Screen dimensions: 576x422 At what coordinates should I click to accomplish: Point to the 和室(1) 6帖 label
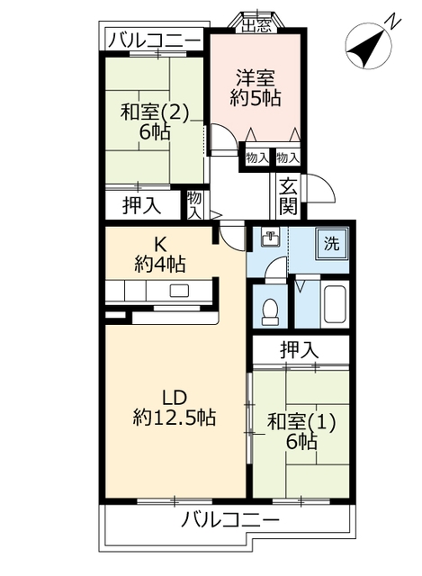point(301,431)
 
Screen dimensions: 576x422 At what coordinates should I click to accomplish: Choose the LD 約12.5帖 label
point(174,407)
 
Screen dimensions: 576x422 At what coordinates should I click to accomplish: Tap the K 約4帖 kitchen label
point(160,253)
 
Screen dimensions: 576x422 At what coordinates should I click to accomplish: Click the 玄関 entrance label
point(288,196)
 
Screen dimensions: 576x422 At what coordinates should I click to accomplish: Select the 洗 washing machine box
point(332,244)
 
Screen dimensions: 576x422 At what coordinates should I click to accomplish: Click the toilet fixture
point(269,310)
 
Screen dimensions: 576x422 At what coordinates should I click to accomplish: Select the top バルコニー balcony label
point(155,40)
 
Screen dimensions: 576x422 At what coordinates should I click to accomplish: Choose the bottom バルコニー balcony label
point(229,519)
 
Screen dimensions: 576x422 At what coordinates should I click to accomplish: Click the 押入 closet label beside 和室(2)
point(142,204)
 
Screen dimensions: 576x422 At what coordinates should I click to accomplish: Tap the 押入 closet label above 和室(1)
point(299,349)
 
